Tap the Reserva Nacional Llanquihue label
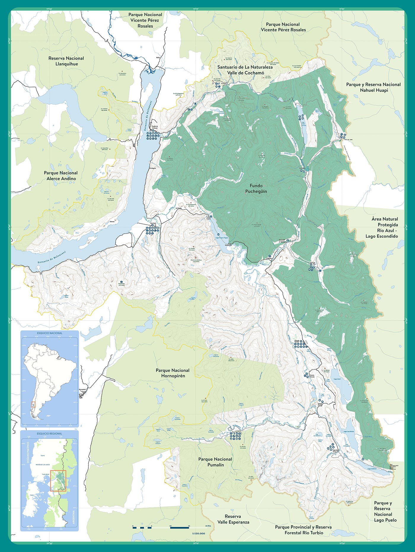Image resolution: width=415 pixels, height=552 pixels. tap(66, 61)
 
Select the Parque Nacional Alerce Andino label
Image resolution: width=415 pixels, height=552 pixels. tap(61, 175)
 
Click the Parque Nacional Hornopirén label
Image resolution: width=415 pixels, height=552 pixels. tap(173, 373)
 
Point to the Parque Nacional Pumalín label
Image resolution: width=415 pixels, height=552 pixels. tap(215, 462)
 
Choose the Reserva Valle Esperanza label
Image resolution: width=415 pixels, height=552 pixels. tap(233, 519)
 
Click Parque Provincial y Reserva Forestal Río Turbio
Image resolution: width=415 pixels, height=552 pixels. tap(303, 530)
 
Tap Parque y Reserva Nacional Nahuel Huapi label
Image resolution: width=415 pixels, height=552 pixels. tap(373, 87)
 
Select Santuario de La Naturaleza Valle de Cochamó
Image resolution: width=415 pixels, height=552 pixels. tap(245, 70)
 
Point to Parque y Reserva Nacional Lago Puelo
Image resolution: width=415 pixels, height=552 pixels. tap(385, 511)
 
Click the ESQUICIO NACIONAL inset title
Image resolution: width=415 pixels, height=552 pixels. tap(50, 333)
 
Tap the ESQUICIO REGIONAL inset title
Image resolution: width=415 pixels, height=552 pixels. tap(50, 434)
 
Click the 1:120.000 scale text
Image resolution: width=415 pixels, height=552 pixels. tap(198, 533)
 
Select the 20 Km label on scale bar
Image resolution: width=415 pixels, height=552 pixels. tap(208, 526)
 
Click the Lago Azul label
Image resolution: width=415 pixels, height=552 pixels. tap(337, 379)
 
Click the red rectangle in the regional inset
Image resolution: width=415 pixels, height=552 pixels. tap(58, 480)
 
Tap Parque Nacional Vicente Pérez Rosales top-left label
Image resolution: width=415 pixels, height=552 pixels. tap(145, 20)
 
